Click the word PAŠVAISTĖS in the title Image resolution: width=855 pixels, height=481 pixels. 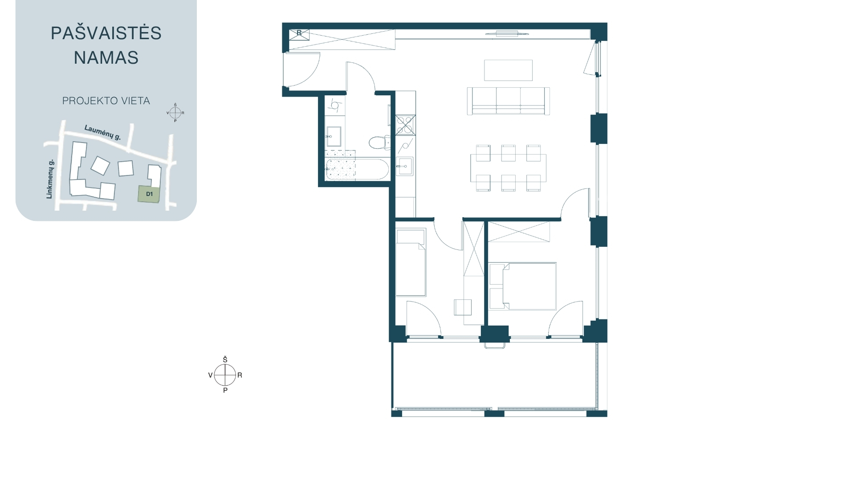click(106, 33)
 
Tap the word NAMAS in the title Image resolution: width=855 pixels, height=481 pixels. click(106, 57)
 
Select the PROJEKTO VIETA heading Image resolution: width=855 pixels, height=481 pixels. click(106, 101)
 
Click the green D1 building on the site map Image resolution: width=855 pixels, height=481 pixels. click(149, 194)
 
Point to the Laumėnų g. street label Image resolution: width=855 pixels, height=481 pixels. click(103, 133)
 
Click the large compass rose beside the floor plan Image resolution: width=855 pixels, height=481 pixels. click(225, 375)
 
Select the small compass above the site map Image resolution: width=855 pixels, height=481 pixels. click(175, 113)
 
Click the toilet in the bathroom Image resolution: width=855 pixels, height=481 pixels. click(379, 143)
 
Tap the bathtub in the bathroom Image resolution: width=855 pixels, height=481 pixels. click(358, 169)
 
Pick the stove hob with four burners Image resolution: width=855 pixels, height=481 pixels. click(406, 125)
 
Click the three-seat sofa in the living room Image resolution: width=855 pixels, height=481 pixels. click(508, 101)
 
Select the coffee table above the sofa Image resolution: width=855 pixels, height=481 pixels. click(508, 70)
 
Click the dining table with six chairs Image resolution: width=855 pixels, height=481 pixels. click(508, 167)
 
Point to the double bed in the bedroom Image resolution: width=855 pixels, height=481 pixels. click(523, 286)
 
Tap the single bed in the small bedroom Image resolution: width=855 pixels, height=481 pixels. click(411, 262)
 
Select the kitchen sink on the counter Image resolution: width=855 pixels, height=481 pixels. click(405, 166)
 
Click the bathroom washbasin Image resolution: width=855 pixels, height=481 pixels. click(334, 136)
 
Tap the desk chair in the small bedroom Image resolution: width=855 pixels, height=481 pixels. click(463, 307)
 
